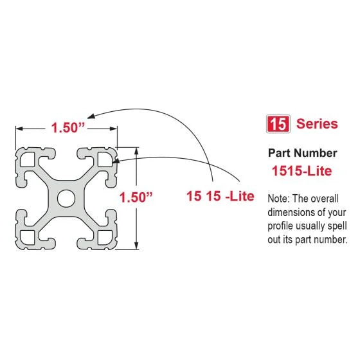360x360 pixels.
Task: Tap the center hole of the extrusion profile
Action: click(67, 198)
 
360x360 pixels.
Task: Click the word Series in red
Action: click(317, 124)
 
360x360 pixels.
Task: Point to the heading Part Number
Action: click(301, 153)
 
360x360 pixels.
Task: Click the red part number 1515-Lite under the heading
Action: click(301, 172)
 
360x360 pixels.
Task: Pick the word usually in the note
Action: click(321, 226)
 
